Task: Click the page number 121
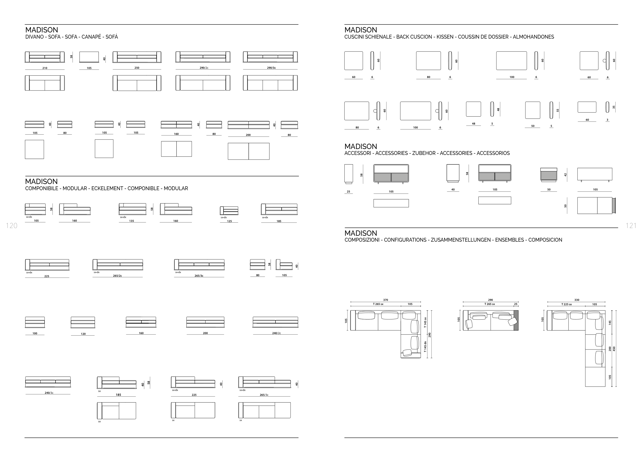(631, 225)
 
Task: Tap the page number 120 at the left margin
(12, 225)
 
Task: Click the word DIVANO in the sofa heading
(34, 37)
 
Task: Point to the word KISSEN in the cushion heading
(445, 37)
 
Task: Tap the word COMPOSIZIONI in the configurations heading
(362, 240)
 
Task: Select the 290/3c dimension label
(271, 68)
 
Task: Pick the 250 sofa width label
(137, 68)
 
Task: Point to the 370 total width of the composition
(385, 300)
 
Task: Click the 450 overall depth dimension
(614, 349)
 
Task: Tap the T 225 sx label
(566, 304)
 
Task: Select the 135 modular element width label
(131, 221)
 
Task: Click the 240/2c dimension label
(276, 333)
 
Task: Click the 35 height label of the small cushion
(614, 107)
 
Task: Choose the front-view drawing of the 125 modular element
(229, 211)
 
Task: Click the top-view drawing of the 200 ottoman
(248, 151)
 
